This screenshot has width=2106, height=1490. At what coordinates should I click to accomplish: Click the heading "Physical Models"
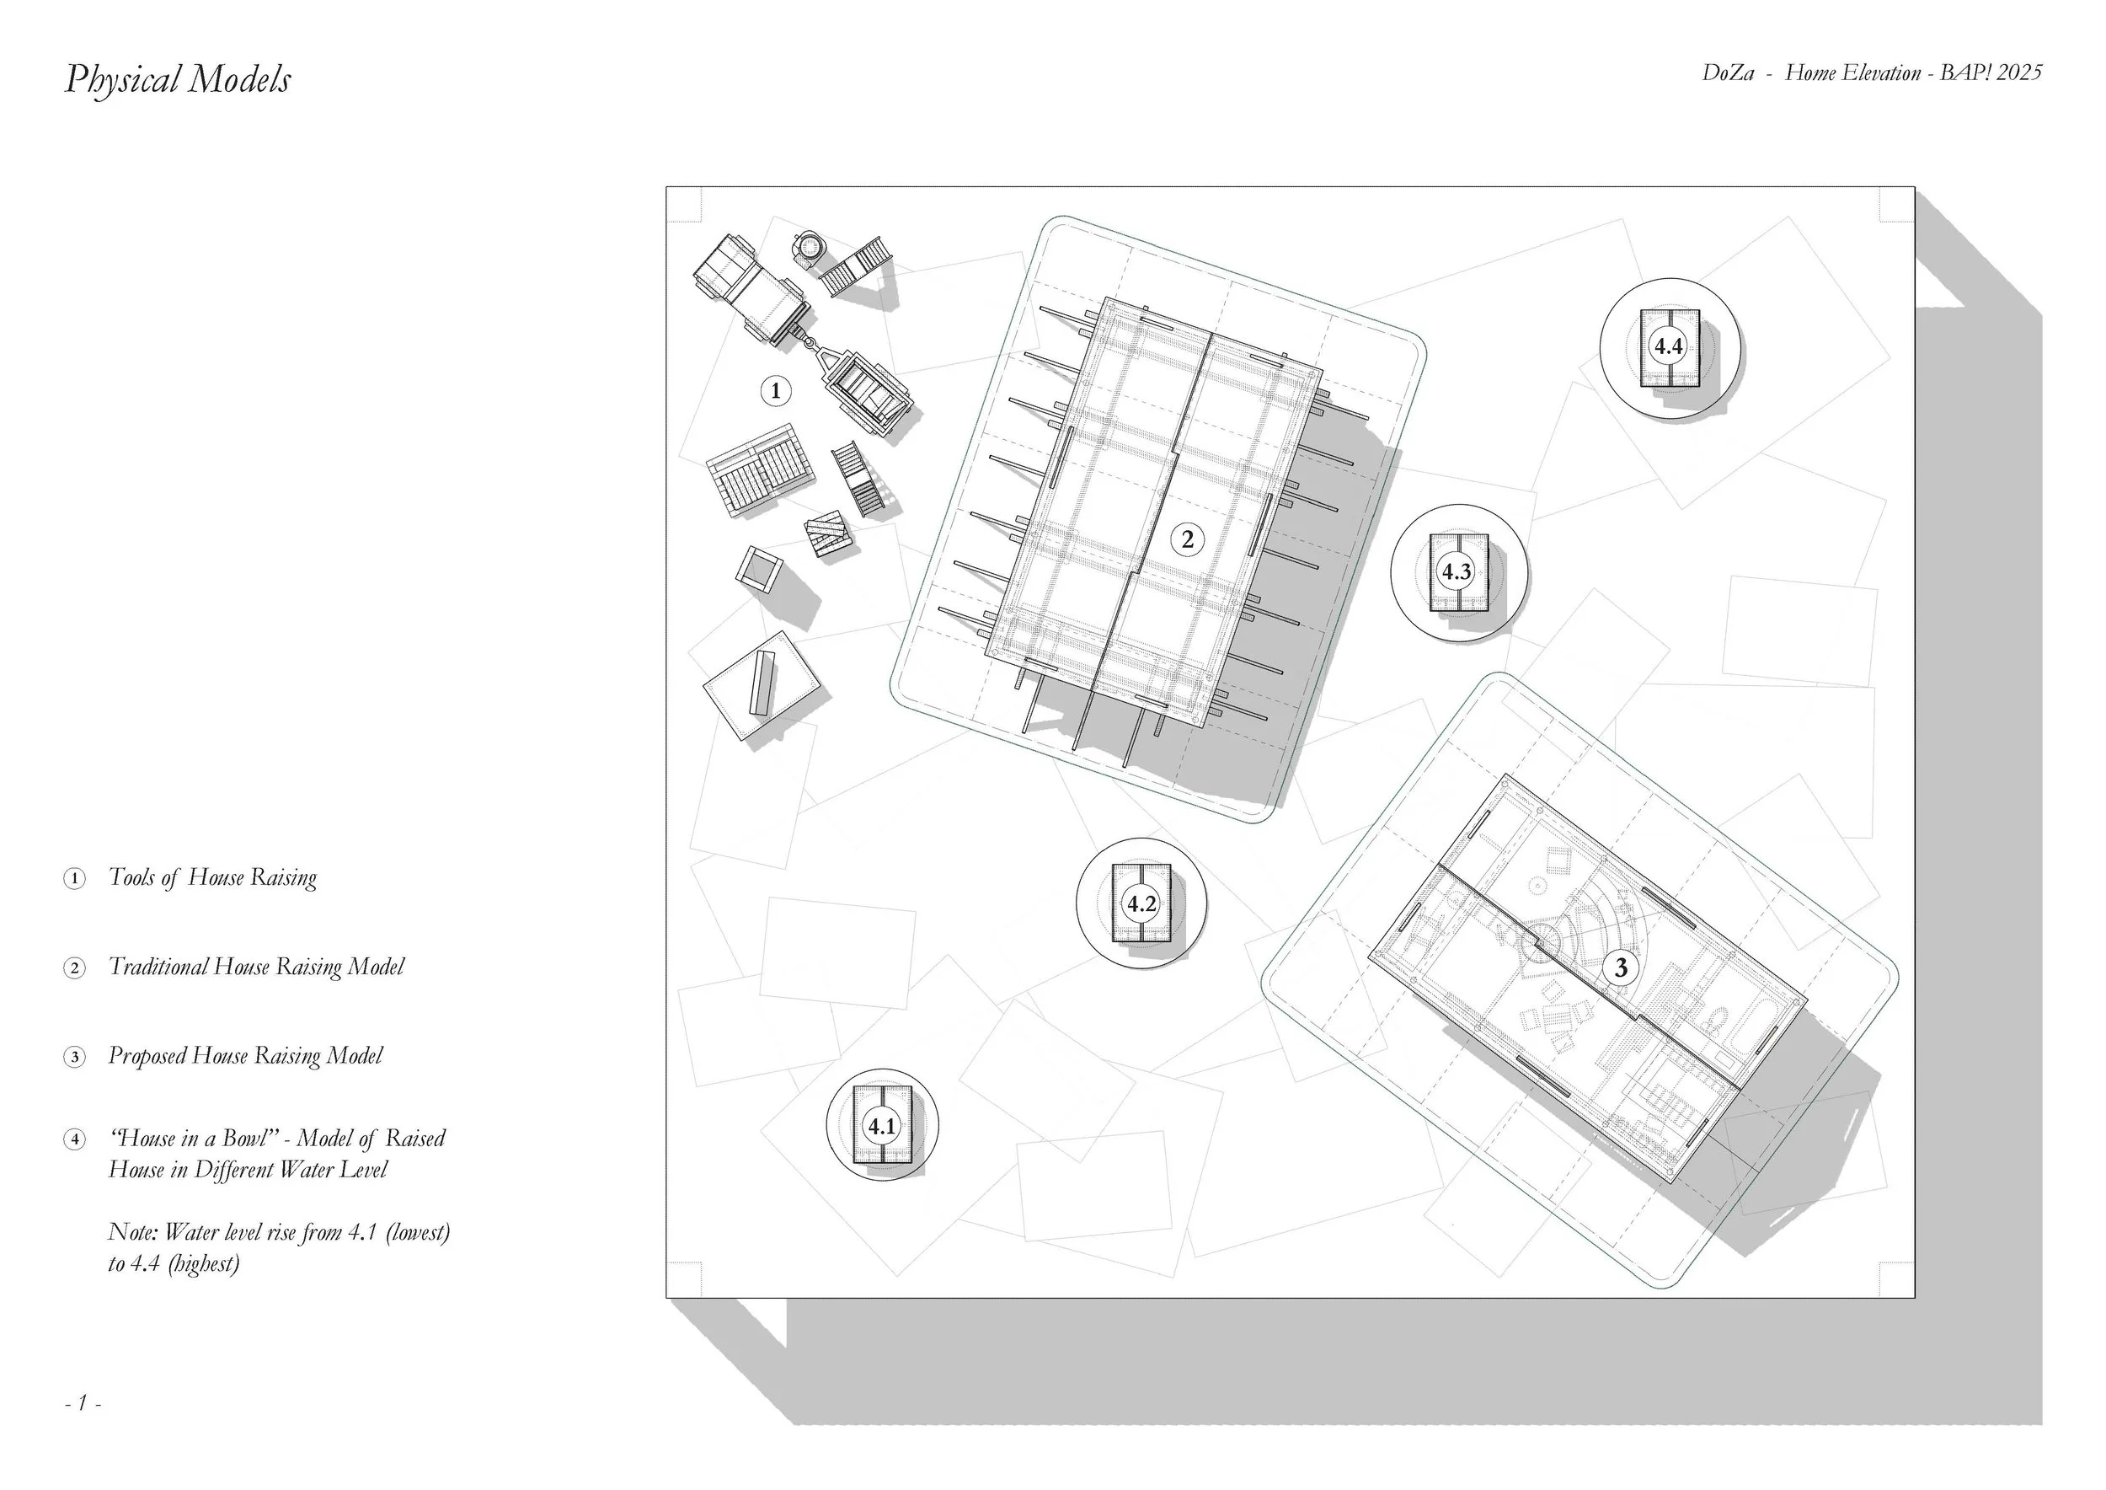pos(178,80)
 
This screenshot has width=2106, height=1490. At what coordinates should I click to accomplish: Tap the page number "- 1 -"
pos(83,1403)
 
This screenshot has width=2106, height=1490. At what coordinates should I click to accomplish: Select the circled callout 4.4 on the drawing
pos(1668,347)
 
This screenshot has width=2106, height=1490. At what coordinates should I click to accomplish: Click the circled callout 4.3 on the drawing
pos(1456,572)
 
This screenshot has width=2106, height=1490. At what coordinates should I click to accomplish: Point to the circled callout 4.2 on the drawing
pos(1141,903)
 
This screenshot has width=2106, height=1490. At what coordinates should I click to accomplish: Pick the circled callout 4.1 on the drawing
pos(881,1126)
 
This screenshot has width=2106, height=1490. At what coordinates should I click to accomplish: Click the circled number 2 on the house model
pos(1187,539)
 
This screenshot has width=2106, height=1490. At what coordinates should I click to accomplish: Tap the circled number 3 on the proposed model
pos(1621,967)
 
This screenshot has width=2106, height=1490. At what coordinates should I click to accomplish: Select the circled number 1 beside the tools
pos(775,391)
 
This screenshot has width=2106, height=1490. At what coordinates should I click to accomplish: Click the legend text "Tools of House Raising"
pos(213,878)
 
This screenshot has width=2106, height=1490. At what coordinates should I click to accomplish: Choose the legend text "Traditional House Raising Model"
pos(256,967)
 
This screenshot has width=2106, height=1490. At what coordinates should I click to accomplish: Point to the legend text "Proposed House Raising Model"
pos(245,1056)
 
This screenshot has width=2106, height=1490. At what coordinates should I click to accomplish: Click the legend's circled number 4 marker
pos(73,1139)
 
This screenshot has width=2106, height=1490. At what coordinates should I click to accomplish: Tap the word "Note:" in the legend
pos(132,1231)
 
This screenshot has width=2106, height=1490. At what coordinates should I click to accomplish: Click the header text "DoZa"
pos(1728,73)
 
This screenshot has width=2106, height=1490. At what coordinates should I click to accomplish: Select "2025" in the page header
pos(2018,73)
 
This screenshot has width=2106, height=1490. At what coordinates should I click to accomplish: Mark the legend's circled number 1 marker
pos(73,879)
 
